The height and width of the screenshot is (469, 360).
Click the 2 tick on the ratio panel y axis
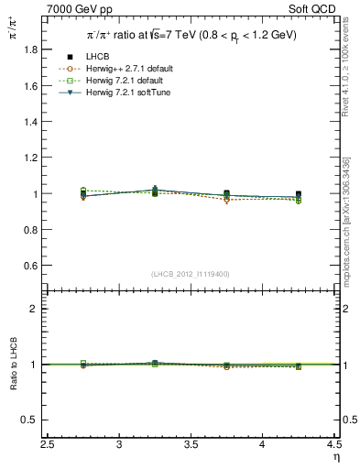point(37,309)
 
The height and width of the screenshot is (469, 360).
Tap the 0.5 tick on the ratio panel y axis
point(32,420)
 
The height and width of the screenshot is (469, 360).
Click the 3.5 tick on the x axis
point(191,444)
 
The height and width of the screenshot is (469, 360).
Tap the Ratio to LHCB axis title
point(12,379)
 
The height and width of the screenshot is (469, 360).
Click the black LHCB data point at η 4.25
point(299,195)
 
